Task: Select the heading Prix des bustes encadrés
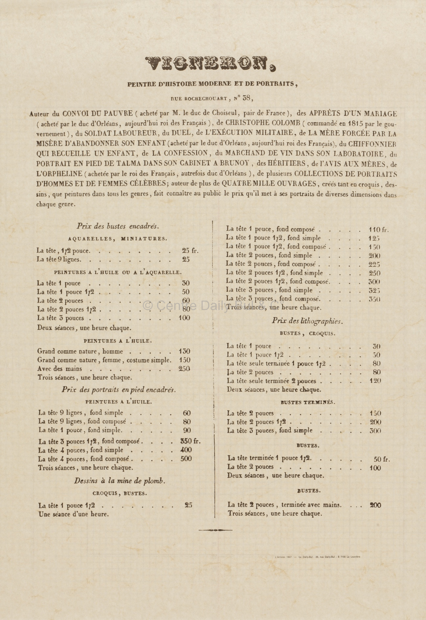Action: pyautogui.click(x=118, y=226)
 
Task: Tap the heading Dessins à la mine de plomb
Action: pyautogui.click(x=120, y=481)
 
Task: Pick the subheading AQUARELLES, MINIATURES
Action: pyautogui.click(x=118, y=239)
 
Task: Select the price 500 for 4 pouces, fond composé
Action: pyautogui.click(x=186, y=459)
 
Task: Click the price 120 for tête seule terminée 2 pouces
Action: pyautogui.click(x=375, y=381)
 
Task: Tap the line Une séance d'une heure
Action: pyautogui.click(x=74, y=514)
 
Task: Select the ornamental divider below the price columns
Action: pyautogui.click(x=215, y=530)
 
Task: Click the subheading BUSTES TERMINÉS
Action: pyautogui.click(x=308, y=402)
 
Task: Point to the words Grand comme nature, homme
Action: pyautogui.click(x=80, y=351)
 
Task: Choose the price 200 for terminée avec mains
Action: pyautogui.click(x=375, y=505)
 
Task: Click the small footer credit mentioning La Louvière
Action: pyautogui.click(x=317, y=557)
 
